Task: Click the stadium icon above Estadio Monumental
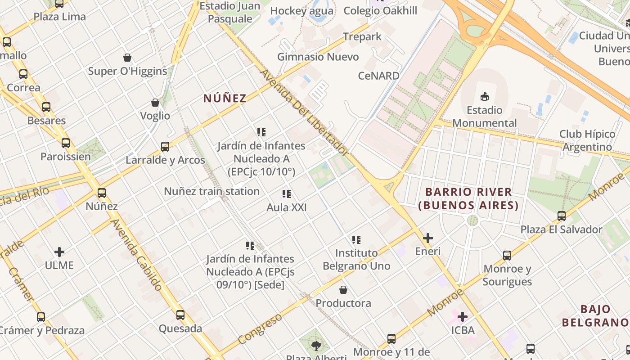coord(484,96)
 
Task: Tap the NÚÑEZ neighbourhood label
coord(225,98)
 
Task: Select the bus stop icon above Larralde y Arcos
coord(165,146)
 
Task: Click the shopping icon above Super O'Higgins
coord(127,58)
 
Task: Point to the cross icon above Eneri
coord(428,238)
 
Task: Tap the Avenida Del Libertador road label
coord(304,112)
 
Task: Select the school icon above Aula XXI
coord(286,194)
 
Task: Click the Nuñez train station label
coord(211,191)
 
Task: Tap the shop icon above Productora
coord(343,289)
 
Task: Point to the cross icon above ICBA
coord(463,317)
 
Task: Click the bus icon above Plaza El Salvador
coord(561,216)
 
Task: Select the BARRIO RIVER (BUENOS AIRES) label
coord(468,198)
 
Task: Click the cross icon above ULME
coord(59,252)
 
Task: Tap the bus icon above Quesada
coord(180,315)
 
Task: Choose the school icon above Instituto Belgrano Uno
coord(356,239)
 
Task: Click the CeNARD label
coord(378,76)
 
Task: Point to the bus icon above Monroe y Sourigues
coord(507,255)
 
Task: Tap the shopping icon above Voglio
coord(155,103)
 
